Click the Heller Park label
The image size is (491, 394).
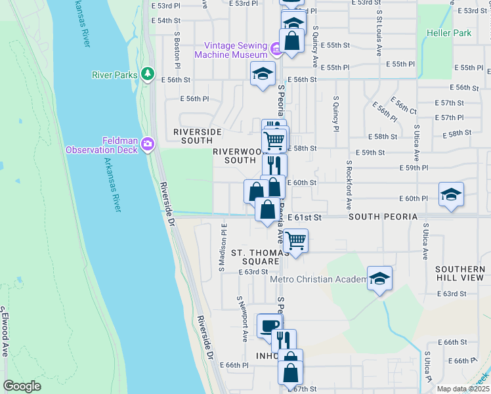[x=449, y=32]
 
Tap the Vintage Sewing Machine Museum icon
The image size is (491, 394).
[x=276, y=48]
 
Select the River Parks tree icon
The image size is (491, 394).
[x=149, y=74]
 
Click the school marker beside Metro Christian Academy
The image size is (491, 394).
[x=379, y=279]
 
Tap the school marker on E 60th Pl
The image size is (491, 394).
[x=451, y=195]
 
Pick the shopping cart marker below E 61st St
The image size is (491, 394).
[x=296, y=241]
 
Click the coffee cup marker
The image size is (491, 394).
[x=268, y=326]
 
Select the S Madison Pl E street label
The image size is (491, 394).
[x=223, y=247]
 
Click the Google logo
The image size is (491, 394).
[x=22, y=386]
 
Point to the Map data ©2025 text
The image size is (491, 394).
[x=463, y=389]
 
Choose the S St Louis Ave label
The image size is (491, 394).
[x=379, y=32]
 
